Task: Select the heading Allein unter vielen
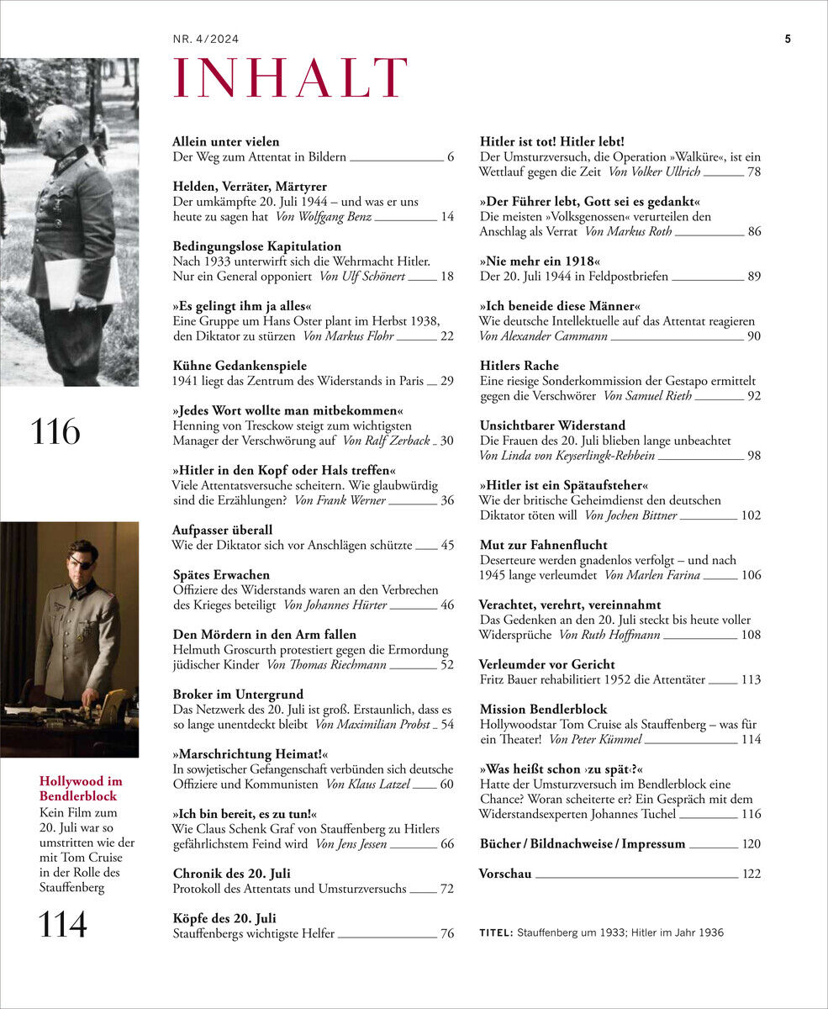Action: tap(225, 142)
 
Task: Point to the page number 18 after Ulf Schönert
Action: tap(446, 277)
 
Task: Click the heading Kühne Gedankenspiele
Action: tap(240, 366)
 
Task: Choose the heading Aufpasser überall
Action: tap(222, 531)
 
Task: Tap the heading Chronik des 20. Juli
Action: tap(231, 874)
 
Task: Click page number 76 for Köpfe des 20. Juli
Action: tap(446, 933)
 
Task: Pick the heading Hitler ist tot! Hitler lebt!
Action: tap(551, 142)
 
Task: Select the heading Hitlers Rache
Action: tap(519, 366)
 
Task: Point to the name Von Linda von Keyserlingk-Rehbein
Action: tap(567, 456)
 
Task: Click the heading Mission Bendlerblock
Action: tap(542, 710)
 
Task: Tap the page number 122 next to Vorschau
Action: tap(752, 874)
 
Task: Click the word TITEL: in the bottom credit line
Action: tap(496, 933)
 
